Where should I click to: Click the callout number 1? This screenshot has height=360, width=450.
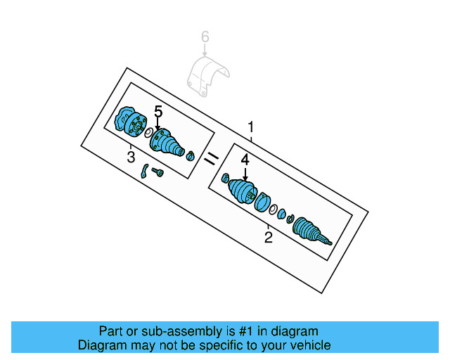(251, 127)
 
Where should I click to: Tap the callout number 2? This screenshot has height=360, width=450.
(268, 238)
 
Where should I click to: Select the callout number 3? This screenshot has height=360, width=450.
(131, 157)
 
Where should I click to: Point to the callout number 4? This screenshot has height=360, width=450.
(245, 160)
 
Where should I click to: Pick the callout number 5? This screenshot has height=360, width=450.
(158, 112)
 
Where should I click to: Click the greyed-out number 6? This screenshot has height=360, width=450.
(205, 36)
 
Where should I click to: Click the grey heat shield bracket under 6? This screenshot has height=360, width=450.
(207, 77)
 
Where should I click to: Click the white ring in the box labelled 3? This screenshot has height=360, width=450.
(149, 133)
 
